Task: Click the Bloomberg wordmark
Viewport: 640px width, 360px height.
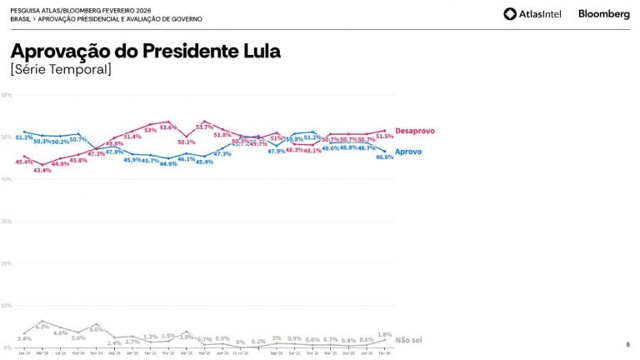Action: coord(604,14)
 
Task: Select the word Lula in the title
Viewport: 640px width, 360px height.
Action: coord(258,51)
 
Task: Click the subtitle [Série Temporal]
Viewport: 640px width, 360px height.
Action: coord(60,69)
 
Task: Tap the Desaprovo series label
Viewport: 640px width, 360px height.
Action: coord(414,131)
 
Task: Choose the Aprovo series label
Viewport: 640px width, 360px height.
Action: coord(407,152)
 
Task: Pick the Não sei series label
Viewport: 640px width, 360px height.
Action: coord(408,340)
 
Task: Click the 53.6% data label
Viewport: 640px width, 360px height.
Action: coord(168,127)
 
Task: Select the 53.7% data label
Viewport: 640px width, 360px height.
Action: coord(205,127)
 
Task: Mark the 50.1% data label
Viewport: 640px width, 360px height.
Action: coord(187,142)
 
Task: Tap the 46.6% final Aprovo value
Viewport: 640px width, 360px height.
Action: coord(384,157)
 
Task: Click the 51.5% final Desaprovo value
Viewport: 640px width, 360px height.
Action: coord(384,136)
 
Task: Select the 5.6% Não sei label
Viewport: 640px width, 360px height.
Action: coord(97,329)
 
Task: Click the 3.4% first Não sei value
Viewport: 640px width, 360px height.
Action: coord(24,338)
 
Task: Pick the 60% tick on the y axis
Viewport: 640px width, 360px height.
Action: coord(6,95)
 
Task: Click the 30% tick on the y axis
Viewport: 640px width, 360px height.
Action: coord(6,222)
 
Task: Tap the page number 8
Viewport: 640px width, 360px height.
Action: coord(627,344)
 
